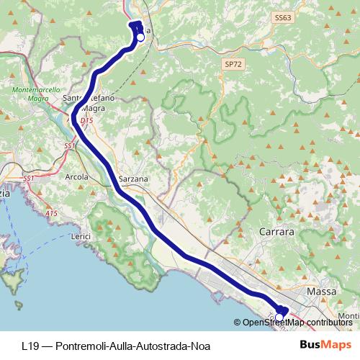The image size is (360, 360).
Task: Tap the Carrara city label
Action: point(276,233)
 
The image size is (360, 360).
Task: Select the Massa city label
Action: point(322,292)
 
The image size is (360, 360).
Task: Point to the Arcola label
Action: point(77,176)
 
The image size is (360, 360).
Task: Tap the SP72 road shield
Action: point(230,64)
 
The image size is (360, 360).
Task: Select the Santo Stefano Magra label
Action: point(85,103)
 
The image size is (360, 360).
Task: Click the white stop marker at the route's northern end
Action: point(140,37)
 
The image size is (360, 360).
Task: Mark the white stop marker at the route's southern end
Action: point(279,317)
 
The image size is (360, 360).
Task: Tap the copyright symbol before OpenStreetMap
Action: point(238,323)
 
